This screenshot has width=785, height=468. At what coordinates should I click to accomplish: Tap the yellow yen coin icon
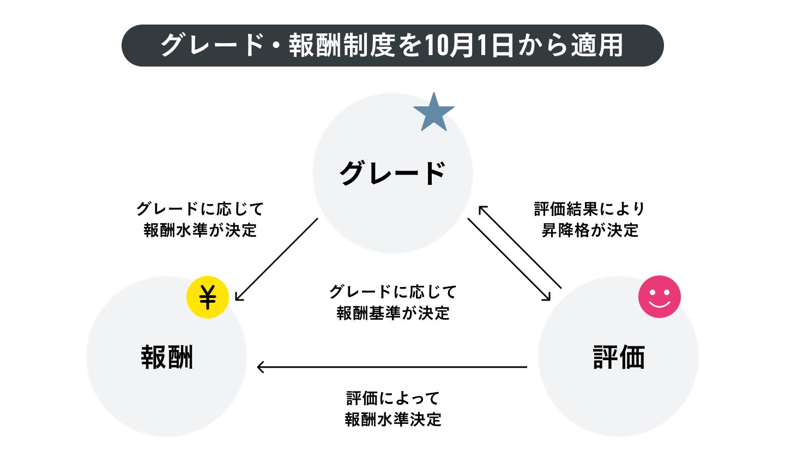[x=208, y=297]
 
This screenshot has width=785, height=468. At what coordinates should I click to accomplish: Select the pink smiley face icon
[x=660, y=297]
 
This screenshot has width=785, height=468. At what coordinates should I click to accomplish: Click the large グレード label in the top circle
[x=393, y=173]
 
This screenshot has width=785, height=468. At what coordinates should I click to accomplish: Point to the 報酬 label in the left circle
[x=167, y=357]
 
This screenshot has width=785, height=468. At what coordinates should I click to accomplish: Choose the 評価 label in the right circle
[x=619, y=357]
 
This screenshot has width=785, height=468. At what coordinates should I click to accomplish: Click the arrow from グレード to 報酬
[x=276, y=260]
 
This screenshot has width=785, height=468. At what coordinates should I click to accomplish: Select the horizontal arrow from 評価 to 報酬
[x=392, y=367]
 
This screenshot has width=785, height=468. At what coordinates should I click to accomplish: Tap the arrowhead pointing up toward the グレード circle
[x=483, y=210]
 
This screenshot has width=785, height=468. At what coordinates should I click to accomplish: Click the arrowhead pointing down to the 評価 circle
[x=547, y=297]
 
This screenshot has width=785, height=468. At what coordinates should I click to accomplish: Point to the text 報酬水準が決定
[x=200, y=230]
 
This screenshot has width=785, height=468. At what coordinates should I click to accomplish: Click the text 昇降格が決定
[x=590, y=230]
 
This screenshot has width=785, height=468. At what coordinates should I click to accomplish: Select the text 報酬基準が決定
[x=393, y=313]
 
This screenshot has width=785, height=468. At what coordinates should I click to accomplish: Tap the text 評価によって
[x=393, y=398]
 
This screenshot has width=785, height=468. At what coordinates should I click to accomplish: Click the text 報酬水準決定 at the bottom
[x=393, y=419]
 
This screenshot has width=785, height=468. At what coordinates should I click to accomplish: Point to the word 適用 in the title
[x=597, y=46]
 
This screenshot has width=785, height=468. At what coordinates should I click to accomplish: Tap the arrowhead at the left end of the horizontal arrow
[x=261, y=367]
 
